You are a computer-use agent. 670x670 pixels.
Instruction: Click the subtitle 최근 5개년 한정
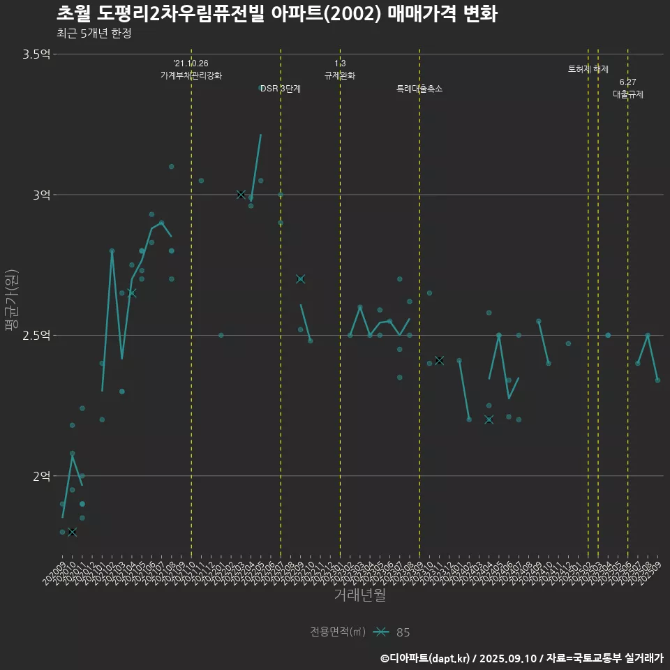(x=94, y=33)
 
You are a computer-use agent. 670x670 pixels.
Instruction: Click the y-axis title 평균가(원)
(x=13, y=300)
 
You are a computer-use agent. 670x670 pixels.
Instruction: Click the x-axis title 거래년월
(x=359, y=595)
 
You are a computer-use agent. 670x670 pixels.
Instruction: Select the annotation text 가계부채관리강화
(x=191, y=75)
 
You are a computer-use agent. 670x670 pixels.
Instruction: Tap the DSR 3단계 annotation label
(x=281, y=89)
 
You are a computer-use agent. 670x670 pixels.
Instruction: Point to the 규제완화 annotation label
(x=340, y=75)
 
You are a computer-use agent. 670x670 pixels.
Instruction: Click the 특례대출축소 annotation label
(x=419, y=89)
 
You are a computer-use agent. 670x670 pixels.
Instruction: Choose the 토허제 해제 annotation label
(x=588, y=69)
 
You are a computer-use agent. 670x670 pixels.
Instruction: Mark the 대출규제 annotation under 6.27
(x=628, y=94)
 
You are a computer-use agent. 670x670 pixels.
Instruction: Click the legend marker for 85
(x=380, y=632)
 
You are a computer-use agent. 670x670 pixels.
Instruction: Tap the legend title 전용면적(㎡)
(x=338, y=632)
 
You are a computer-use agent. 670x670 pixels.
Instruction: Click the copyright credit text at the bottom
(x=521, y=658)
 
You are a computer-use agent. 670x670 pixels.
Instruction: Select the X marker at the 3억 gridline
(x=241, y=195)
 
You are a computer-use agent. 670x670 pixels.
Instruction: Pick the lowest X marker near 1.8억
(x=72, y=532)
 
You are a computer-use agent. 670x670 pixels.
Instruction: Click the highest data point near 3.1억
(x=171, y=166)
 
